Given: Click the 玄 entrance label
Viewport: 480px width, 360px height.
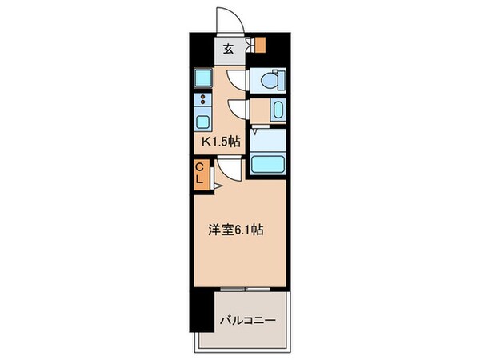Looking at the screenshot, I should tap(228, 49).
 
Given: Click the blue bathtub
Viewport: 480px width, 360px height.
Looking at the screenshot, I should tap(269, 163).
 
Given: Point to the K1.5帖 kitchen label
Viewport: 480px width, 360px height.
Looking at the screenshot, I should tap(220, 142).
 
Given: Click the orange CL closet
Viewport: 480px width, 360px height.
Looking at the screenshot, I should tap(200, 173).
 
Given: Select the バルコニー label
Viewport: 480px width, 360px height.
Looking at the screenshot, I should tap(248, 320).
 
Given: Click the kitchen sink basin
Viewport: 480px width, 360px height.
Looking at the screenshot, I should tap(201, 122).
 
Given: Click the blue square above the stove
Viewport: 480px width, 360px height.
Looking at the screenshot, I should tap(202, 78).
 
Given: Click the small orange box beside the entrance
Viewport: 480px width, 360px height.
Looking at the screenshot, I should tap(258, 45).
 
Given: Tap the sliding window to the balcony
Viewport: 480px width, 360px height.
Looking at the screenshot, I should tap(246, 287).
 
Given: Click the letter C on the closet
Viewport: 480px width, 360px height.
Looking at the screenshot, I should tap(200, 167).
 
